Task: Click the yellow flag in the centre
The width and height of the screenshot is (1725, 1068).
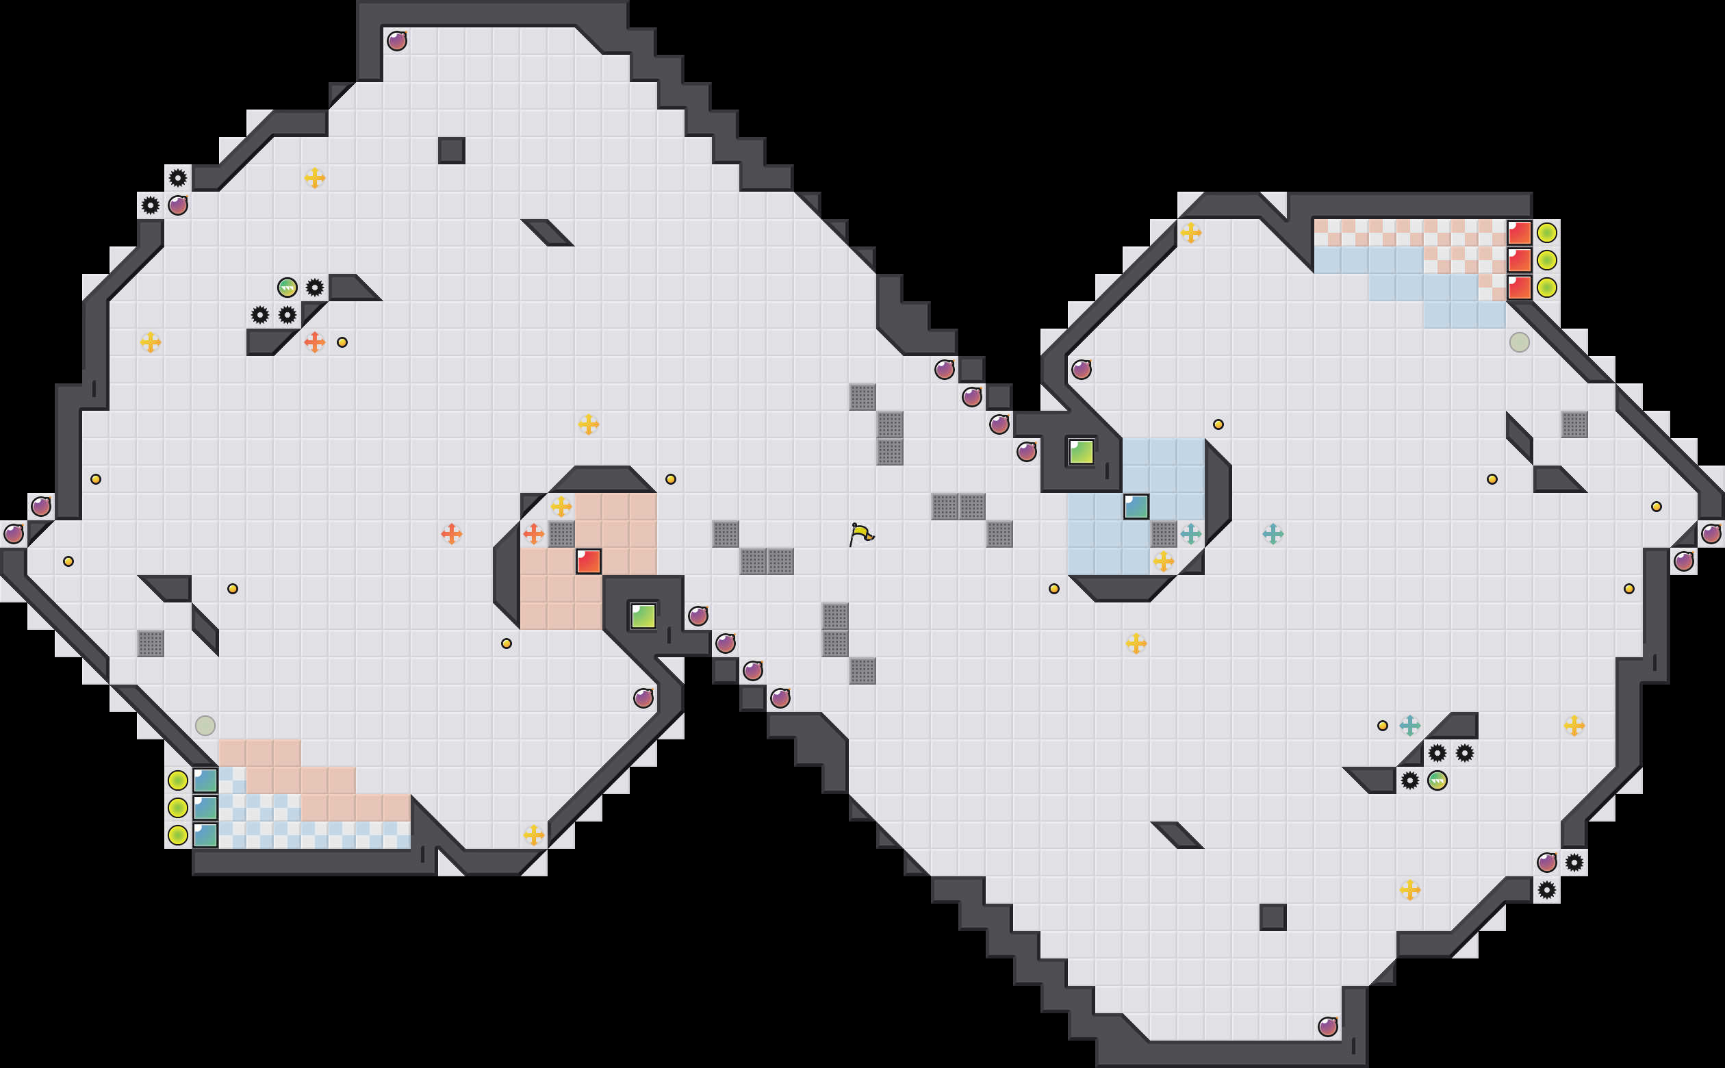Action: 860,534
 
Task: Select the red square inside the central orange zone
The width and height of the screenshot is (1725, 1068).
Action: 588,561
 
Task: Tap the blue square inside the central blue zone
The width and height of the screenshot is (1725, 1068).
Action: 1136,507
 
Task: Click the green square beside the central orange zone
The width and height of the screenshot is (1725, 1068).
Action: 643,616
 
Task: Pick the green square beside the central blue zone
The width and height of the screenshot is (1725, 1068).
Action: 1081,451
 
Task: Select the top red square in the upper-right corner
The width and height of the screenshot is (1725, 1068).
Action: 1519,232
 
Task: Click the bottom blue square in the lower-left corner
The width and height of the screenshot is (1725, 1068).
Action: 205,835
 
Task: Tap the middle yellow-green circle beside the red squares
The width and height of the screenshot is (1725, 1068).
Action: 1546,260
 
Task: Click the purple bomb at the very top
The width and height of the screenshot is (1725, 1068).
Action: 397,41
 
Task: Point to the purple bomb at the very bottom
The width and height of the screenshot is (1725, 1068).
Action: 1327,1026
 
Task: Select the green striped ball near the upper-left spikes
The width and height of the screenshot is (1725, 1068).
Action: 287,288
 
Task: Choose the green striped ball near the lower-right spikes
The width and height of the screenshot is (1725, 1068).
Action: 1437,780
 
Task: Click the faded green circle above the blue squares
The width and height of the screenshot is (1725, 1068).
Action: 205,726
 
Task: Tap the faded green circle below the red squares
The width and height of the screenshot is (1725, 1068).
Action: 1519,342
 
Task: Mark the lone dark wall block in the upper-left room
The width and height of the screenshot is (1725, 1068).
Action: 451,151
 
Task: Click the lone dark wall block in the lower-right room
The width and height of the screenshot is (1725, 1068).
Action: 1273,917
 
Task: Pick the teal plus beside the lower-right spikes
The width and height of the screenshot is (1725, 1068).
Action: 1409,726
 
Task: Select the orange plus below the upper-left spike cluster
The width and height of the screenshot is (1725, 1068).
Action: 314,342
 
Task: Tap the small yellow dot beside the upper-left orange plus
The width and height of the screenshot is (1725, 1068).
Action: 342,342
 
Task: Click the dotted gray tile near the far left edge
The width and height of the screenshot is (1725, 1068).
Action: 151,644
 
